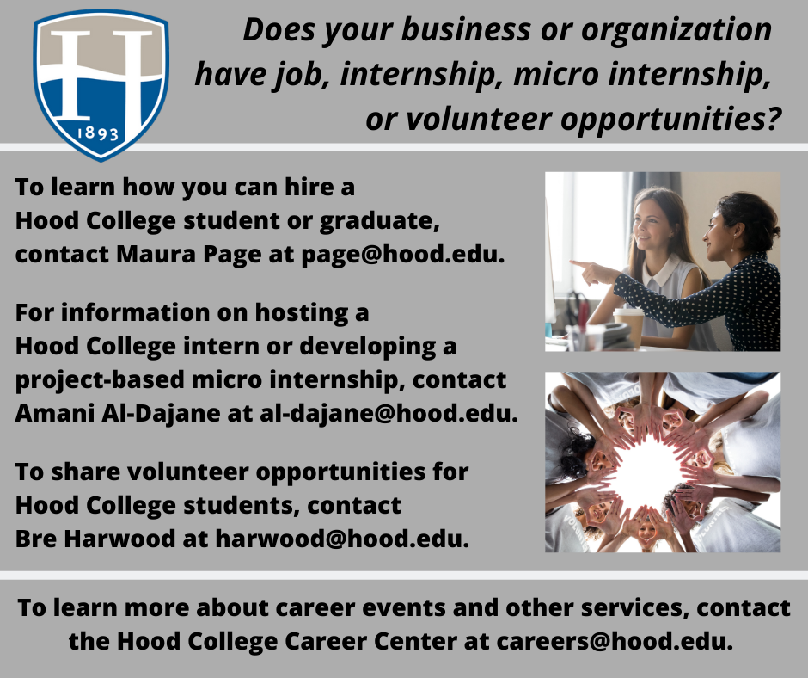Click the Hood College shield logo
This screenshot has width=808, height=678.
tap(101, 85)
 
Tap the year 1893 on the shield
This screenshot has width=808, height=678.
tap(98, 133)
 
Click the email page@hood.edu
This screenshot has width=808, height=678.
tap(402, 254)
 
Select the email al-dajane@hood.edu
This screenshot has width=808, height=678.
tap(389, 413)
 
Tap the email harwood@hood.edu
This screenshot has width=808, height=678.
tap(342, 539)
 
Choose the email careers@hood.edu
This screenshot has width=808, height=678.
tap(615, 641)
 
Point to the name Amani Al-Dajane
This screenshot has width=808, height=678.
tap(118, 413)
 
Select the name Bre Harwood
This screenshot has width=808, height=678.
tap(95, 539)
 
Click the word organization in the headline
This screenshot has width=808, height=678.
tap(676, 29)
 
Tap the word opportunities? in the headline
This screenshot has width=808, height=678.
tap(671, 120)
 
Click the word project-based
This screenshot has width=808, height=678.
tap(100, 379)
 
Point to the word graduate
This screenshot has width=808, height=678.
tap(379, 221)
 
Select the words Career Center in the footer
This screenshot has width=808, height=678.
tap(370, 641)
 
